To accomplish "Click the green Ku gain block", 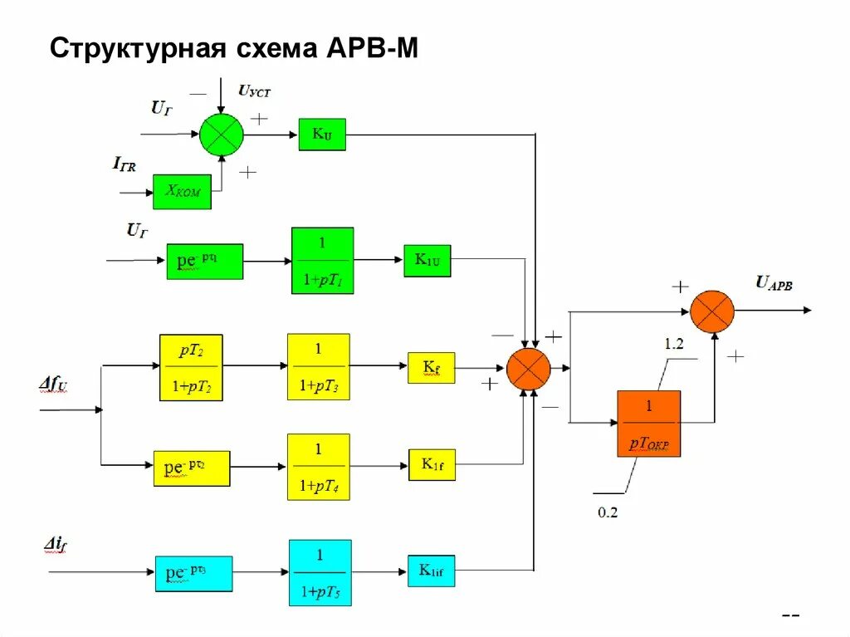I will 322,135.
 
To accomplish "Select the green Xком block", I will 182,192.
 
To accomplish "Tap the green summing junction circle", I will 222,134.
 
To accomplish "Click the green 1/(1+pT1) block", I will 322,261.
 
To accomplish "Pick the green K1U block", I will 427,261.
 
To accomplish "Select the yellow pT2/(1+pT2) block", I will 191,367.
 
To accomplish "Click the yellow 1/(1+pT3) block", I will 319,367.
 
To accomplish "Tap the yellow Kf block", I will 431,367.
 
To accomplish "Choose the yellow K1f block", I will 432,465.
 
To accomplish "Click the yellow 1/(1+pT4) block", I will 319,467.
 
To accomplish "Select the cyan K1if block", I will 431,571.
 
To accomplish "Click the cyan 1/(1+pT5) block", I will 320,572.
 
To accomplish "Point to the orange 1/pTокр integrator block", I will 648,424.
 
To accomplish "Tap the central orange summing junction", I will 529,369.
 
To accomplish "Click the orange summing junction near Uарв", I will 713,311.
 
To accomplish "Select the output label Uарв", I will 773,283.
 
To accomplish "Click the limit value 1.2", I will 674,343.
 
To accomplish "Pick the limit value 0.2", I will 608,512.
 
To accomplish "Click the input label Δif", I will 57,545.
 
